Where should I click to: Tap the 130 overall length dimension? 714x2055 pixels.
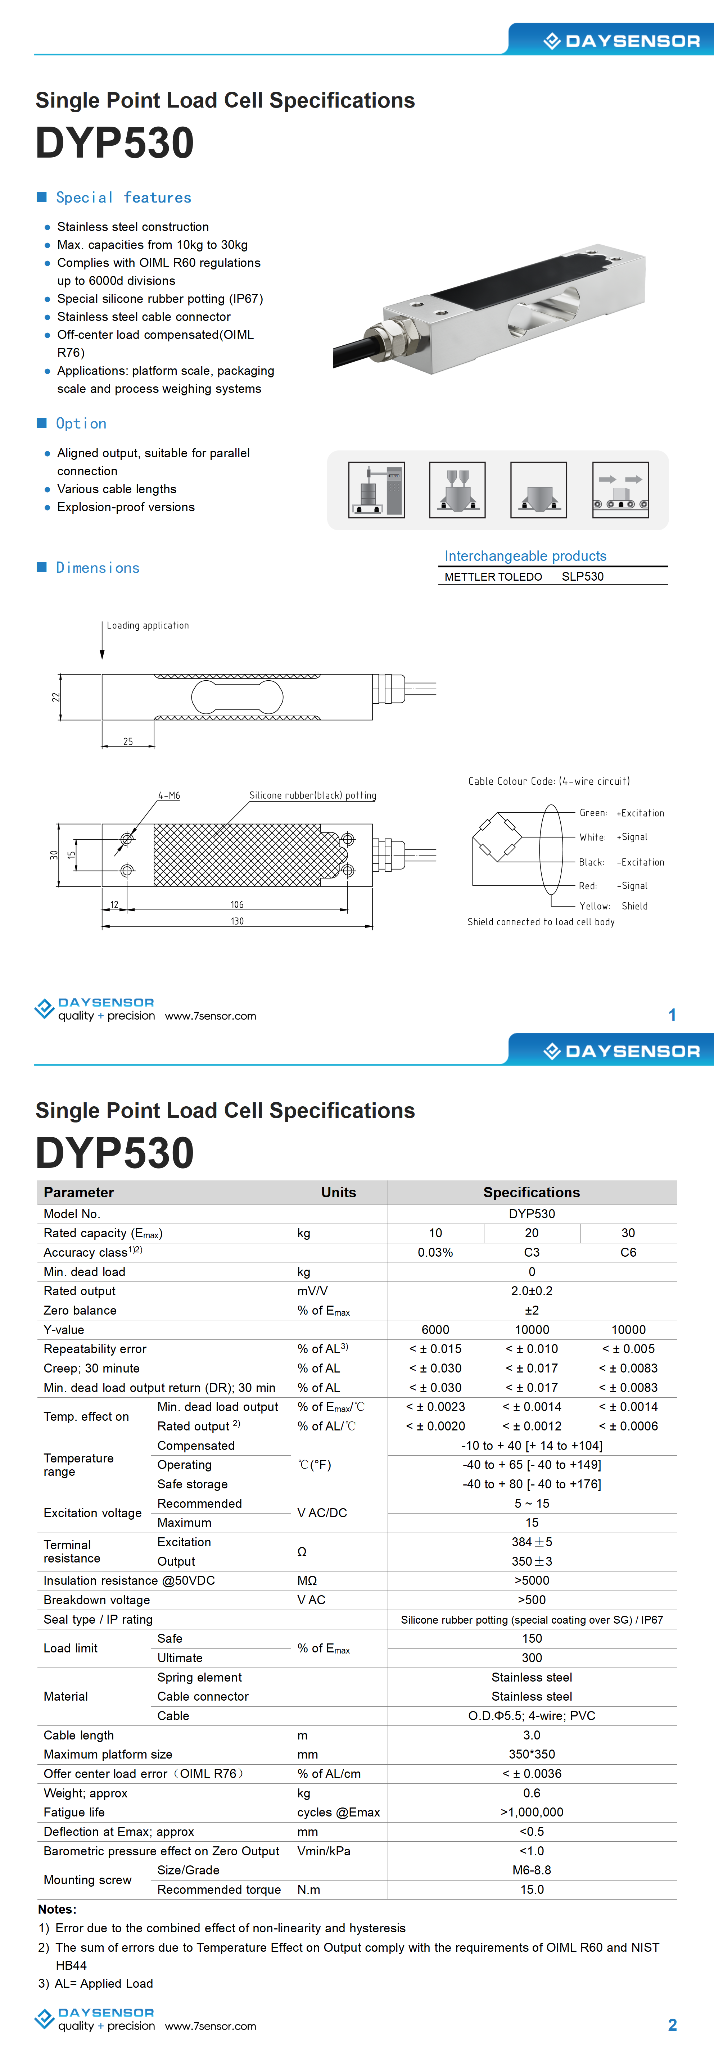click(237, 921)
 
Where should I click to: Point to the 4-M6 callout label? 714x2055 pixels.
click(169, 795)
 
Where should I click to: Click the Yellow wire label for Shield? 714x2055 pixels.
click(594, 906)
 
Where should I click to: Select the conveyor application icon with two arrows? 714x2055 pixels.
click(620, 490)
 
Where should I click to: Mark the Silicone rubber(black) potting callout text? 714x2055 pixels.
click(312, 795)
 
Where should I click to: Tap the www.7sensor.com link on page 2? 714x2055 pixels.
click(211, 2026)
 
